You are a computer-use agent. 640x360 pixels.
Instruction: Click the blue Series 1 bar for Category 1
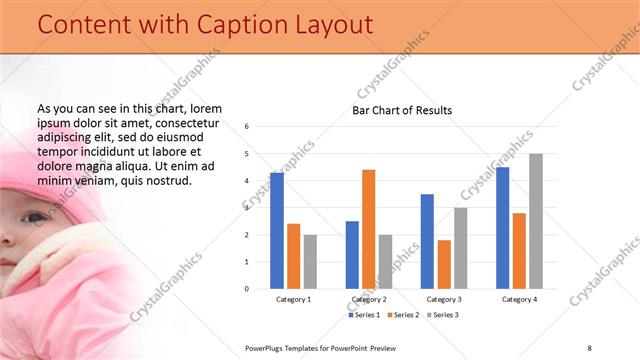click(x=277, y=231)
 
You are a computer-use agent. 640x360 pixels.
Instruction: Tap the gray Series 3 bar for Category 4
click(x=536, y=221)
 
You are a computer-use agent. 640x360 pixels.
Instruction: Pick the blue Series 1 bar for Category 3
click(x=427, y=241)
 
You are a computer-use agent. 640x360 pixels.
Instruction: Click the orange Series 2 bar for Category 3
click(x=444, y=264)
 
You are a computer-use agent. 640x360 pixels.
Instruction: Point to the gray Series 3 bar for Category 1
click(x=310, y=262)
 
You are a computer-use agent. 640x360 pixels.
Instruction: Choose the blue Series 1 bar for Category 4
click(x=502, y=228)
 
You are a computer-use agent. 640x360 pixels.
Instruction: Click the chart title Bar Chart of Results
click(x=402, y=110)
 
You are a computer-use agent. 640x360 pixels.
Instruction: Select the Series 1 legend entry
click(x=364, y=315)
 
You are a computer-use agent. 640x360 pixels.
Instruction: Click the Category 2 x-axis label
click(x=369, y=299)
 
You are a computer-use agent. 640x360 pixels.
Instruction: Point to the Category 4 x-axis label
click(x=519, y=299)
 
